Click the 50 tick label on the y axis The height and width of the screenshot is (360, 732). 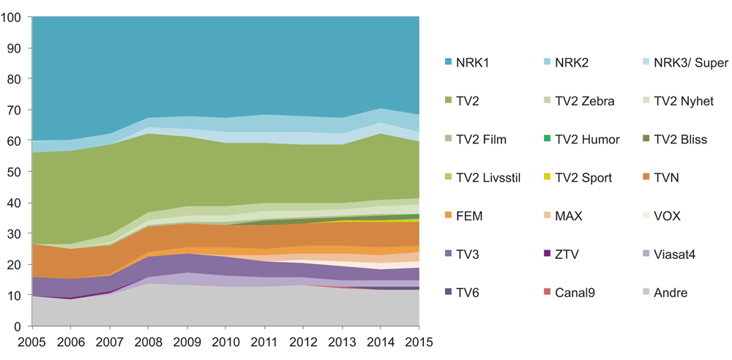pyautogui.click(x=17, y=171)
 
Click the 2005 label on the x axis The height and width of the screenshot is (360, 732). pyautogui.click(x=31, y=342)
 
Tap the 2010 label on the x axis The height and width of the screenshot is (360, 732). pyautogui.click(x=225, y=342)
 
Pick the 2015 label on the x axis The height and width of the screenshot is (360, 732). pyautogui.click(x=419, y=342)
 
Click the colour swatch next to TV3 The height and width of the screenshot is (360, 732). pyautogui.click(x=448, y=255)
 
